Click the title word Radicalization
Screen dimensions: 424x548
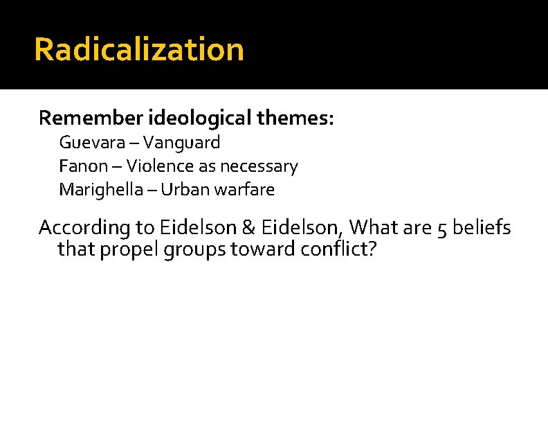tap(138, 50)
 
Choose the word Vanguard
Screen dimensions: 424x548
tap(186, 143)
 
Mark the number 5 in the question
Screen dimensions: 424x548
tap(444, 227)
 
